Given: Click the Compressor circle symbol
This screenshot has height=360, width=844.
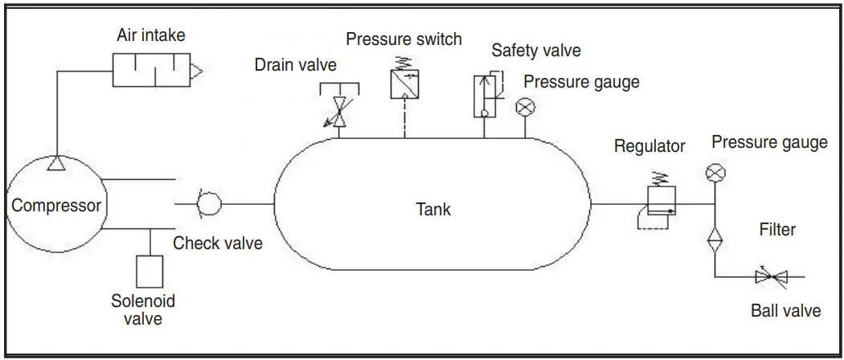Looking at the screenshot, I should pos(56,205).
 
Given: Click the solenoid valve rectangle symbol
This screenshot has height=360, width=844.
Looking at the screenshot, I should pos(150,271).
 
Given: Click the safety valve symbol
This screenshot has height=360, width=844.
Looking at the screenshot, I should pos(486,95).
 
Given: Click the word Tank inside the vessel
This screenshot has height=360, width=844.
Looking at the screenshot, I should pos(433,210).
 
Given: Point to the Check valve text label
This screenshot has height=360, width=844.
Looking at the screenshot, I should pos(218,243).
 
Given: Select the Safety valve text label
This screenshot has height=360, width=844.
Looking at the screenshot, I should pos(536,51).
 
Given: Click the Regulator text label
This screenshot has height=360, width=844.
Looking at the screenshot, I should pos(649,146).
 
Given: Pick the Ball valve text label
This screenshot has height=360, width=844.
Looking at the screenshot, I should pos(785,310).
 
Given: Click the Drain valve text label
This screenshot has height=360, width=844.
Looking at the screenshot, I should pos(295,64).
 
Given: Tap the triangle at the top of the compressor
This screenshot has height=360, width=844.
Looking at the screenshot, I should pos(56,164).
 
